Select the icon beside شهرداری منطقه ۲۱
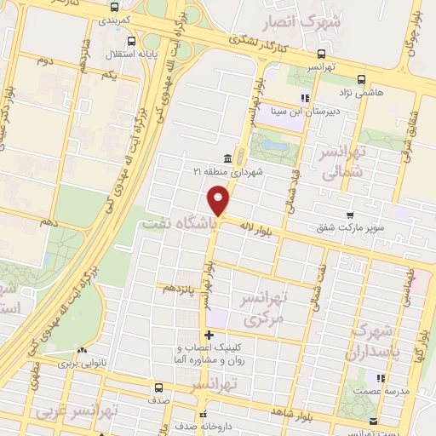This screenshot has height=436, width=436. click(227, 158)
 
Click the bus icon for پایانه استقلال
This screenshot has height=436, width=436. click(130, 40)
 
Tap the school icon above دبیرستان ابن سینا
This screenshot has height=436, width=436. click(305, 98)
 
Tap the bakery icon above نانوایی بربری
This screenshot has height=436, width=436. click(83, 350)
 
